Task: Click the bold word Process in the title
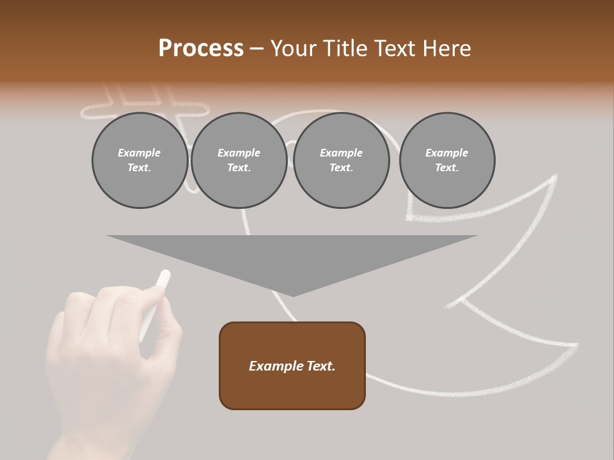(x=201, y=49)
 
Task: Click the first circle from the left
(x=139, y=160)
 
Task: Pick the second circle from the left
(x=239, y=160)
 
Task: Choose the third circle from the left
(x=341, y=160)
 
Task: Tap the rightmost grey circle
(x=446, y=160)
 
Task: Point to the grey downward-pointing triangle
(x=292, y=256)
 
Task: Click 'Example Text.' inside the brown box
(x=292, y=366)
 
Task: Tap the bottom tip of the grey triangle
(x=292, y=295)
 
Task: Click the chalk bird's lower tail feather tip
(x=577, y=345)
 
